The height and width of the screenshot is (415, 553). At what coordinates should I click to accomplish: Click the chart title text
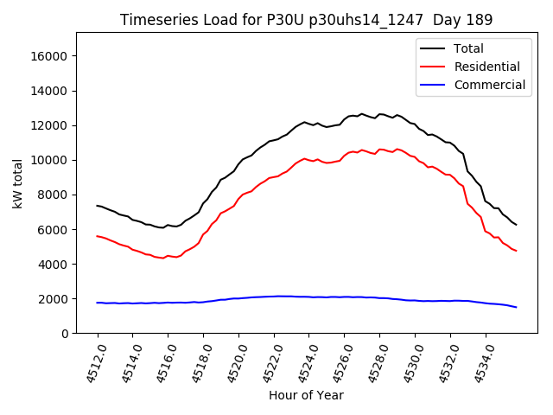click(x=307, y=20)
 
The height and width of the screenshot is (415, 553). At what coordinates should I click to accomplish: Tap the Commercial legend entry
click(x=489, y=85)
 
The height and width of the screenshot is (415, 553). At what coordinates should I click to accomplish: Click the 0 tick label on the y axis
click(x=66, y=333)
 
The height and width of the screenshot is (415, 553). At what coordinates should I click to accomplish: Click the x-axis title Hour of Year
click(x=306, y=396)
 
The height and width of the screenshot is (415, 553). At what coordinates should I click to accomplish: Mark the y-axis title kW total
click(x=18, y=183)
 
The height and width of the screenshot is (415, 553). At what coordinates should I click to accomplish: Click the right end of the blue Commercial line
click(x=517, y=307)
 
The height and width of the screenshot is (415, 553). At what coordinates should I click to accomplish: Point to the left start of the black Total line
click(x=97, y=206)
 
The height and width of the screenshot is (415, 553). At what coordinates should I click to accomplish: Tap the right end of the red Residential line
click(x=517, y=251)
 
